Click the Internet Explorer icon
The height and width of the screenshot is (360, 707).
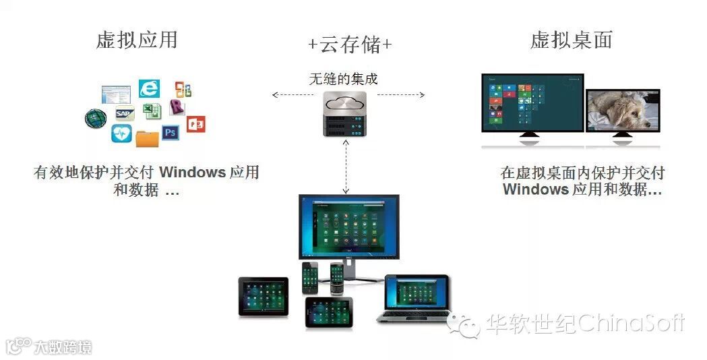coord(149,88)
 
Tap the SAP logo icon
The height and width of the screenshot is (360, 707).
coord(125,113)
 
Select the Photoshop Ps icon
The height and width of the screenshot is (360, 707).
coord(170,132)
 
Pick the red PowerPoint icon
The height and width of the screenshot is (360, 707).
coord(196,123)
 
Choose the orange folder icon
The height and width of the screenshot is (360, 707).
coord(147,138)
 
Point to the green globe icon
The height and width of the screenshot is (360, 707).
coord(96,119)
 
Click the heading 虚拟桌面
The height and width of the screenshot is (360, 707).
coord(572,40)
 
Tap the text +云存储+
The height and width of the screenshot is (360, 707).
coord(350,44)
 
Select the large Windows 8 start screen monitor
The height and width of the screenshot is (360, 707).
coord(532,104)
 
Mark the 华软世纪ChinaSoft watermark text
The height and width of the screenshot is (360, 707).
coord(584,324)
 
